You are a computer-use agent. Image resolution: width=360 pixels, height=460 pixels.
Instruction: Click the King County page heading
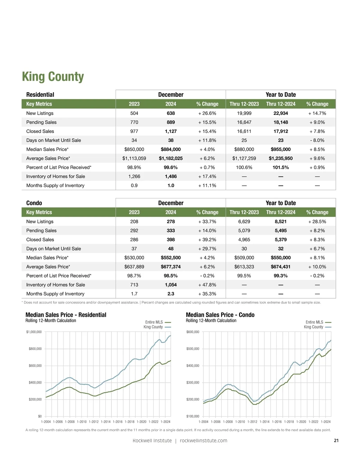click(x=53, y=77)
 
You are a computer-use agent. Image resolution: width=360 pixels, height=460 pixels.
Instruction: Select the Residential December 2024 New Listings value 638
click(x=171, y=113)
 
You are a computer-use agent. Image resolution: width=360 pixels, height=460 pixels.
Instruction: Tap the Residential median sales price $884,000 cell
click(x=171, y=149)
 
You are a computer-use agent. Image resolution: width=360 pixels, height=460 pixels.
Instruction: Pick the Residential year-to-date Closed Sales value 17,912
click(x=280, y=131)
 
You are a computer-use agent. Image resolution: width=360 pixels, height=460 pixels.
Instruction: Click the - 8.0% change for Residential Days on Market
click(x=317, y=140)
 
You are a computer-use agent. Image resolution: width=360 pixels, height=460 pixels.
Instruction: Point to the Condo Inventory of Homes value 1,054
click(x=171, y=285)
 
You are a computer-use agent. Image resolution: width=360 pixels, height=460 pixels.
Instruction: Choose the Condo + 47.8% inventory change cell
click(x=207, y=285)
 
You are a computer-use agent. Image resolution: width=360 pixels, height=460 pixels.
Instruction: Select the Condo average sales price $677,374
click(x=171, y=267)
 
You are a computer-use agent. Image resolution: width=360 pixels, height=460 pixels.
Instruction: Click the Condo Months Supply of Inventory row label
click(x=55, y=294)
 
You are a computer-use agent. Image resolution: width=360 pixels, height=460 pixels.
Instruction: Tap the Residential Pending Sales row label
click(x=41, y=122)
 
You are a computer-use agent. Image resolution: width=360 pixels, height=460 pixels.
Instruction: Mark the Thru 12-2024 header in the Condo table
click(x=280, y=212)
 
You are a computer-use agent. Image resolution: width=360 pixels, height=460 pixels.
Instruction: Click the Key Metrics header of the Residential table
click(x=39, y=104)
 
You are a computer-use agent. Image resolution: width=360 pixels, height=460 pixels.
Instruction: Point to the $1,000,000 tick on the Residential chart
click(x=34, y=332)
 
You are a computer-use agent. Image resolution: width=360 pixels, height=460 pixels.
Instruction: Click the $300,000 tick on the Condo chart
click(x=193, y=382)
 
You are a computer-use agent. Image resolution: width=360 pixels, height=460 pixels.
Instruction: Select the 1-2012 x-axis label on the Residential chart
click(x=94, y=422)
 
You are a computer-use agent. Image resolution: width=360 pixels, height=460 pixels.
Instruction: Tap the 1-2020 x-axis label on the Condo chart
click(x=301, y=422)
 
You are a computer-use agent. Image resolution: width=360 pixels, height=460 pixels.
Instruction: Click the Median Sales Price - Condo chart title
click(x=220, y=315)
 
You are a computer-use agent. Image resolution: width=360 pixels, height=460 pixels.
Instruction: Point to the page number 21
click(x=336, y=441)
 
